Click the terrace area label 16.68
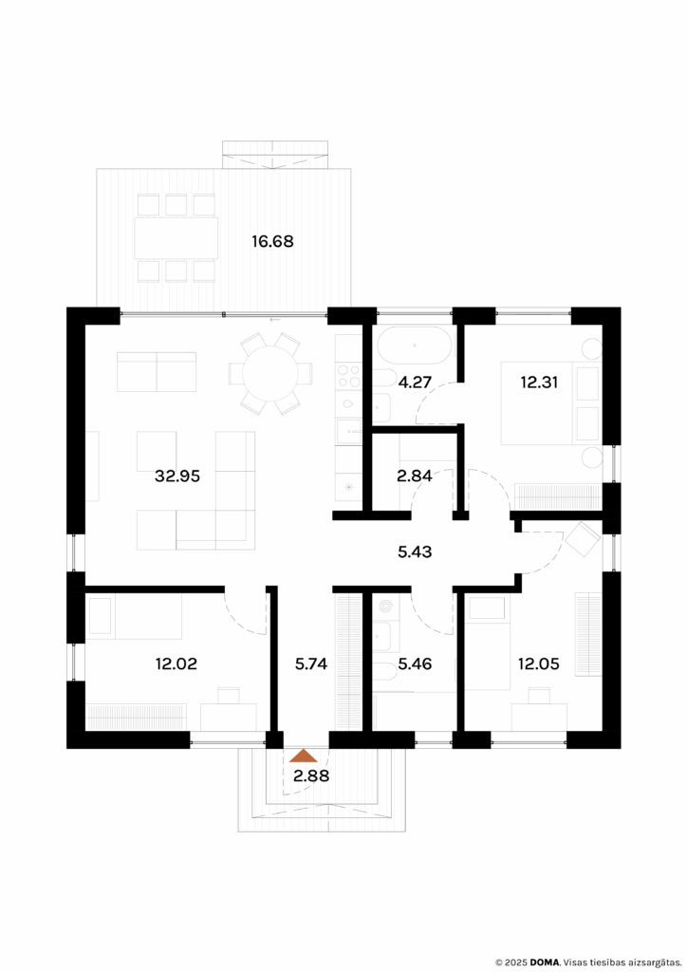click(272, 241)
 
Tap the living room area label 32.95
click(177, 477)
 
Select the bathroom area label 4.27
click(415, 384)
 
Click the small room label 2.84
click(415, 477)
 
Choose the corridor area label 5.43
click(415, 551)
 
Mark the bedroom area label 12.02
click(177, 664)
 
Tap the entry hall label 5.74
click(311, 664)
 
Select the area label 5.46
click(415, 664)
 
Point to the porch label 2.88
click(310, 776)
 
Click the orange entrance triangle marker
click(304, 757)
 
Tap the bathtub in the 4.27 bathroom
click(414, 346)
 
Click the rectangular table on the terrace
click(176, 238)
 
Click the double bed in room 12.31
click(536, 402)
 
